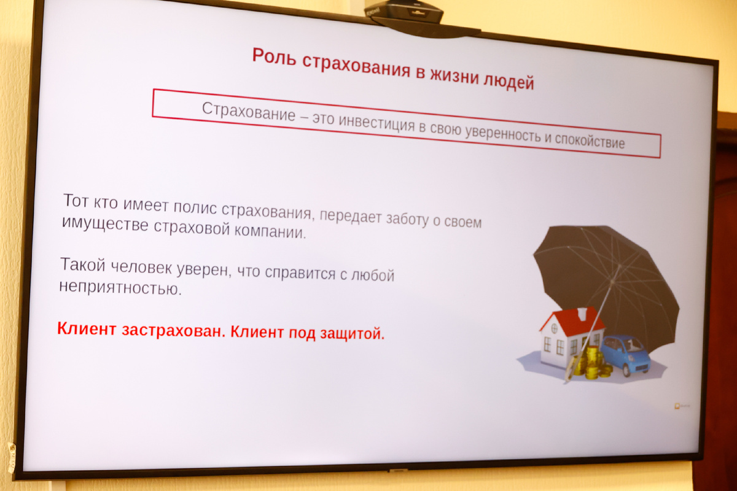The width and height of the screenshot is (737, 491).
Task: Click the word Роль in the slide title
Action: tap(273, 56)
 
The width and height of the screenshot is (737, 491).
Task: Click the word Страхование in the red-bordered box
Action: tap(248, 112)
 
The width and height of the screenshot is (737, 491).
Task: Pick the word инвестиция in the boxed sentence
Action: tap(376, 124)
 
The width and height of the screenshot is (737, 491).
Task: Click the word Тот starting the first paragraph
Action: tap(76, 200)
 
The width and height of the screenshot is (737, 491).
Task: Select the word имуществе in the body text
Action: tap(105, 223)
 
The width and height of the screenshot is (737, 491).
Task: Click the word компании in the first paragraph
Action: tap(270, 231)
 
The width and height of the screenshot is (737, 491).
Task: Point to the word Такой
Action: tap(83, 265)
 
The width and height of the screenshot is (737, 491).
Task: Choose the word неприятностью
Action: tap(120, 287)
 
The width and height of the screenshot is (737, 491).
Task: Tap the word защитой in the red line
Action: tap(353, 333)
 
